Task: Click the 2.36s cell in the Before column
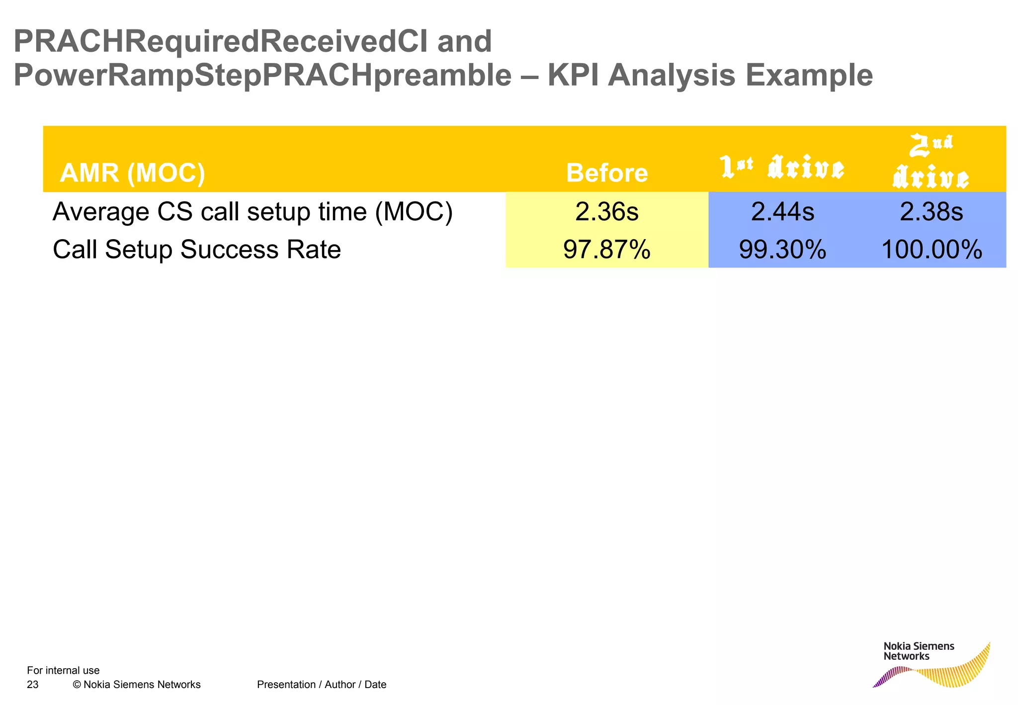(x=606, y=212)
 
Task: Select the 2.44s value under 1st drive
(x=782, y=212)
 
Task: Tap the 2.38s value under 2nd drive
(x=931, y=212)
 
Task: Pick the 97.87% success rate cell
(x=606, y=250)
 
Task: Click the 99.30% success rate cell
(x=782, y=250)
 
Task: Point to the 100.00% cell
(x=931, y=250)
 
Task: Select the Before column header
(x=606, y=173)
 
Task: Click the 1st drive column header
(x=782, y=168)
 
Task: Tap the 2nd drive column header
(x=931, y=162)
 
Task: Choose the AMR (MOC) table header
(x=132, y=173)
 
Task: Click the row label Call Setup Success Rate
(x=197, y=250)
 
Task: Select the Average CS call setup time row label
(x=253, y=212)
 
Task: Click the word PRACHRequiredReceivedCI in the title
(x=220, y=41)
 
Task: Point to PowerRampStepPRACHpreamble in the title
(x=262, y=76)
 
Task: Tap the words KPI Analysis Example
(x=710, y=76)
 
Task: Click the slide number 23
(x=33, y=685)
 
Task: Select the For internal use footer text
(x=63, y=670)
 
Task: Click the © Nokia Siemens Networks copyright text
(x=137, y=685)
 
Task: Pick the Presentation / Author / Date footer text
(x=322, y=685)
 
